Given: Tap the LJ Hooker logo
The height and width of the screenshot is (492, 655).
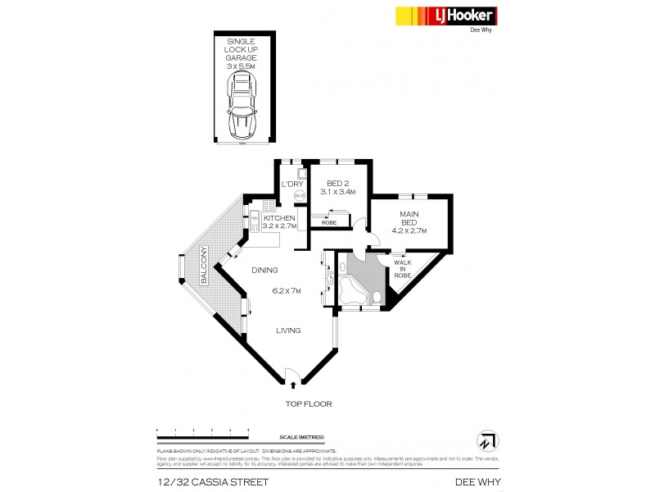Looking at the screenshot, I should click(447, 16).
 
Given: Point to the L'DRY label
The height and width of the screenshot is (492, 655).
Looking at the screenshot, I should click(291, 184).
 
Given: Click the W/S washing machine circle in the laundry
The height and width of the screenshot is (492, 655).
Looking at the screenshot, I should click(300, 196).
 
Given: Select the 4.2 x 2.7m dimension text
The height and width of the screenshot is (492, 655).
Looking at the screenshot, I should click(409, 230).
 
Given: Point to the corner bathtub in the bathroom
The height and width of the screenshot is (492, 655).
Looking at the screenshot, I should click(353, 291).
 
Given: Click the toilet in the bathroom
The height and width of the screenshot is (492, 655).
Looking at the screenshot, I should click(376, 297).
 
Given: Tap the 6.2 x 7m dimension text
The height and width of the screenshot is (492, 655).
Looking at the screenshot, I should click(286, 291).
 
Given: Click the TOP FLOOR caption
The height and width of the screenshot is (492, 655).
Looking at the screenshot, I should click(308, 404).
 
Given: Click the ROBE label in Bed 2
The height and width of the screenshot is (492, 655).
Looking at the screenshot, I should click(328, 222).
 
